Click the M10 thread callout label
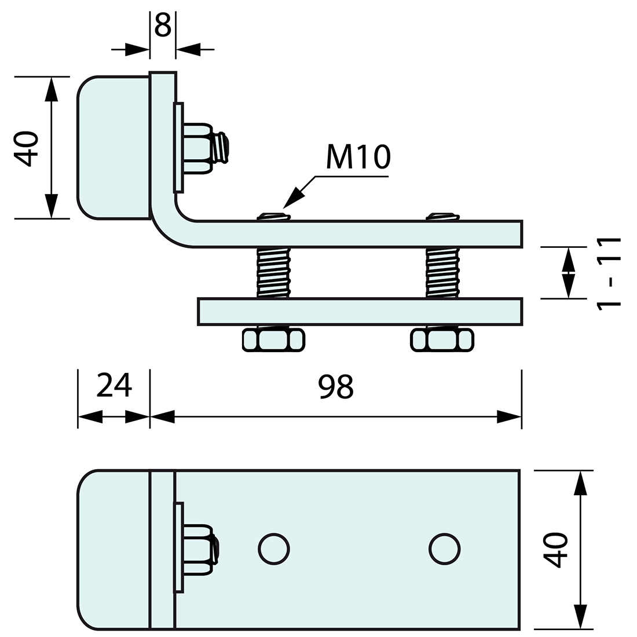[x=358, y=157]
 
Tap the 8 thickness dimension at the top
[x=163, y=25]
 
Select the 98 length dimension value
[x=335, y=387]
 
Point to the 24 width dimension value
[x=114, y=385]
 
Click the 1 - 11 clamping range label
[x=609, y=274]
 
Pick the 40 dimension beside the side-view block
[x=26, y=149]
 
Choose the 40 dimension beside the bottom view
[x=555, y=550]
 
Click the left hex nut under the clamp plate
[x=273, y=339]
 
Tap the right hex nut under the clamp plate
[x=442, y=339]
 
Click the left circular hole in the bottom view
[x=274, y=549]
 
